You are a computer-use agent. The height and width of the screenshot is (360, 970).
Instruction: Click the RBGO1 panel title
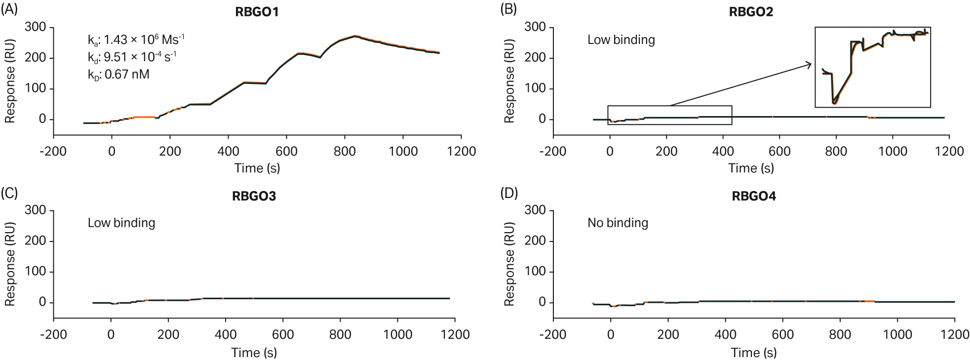(x=257, y=12)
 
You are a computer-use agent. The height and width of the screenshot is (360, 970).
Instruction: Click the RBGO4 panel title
(x=753, y=197)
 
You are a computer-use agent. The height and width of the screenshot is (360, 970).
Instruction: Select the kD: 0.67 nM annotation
(x=118, y=75)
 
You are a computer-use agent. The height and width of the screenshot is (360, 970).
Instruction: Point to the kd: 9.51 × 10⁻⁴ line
(x=132, y=57)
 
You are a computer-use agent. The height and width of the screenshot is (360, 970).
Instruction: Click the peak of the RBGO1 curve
(x=354, y=36)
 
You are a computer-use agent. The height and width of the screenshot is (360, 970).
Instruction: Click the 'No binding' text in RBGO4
(x=618, y=223)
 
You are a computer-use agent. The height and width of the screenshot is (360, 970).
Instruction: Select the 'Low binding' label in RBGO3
(x=121, y=223)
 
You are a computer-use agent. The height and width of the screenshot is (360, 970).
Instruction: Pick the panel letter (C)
(x=9, y=193)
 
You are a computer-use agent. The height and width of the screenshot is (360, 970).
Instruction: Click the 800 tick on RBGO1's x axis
(x=345, y=151)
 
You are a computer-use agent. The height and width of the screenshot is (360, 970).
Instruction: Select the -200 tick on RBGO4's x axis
(x=553, y=335)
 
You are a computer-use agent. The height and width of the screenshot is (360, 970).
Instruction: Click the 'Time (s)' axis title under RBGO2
(x=751, y=168)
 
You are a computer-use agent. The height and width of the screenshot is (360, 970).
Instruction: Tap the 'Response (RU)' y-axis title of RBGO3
(x=10, y=264)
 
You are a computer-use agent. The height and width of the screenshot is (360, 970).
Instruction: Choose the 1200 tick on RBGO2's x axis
(x=949, y=151)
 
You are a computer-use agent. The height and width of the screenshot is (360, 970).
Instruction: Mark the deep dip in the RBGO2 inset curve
(x=834, y=103)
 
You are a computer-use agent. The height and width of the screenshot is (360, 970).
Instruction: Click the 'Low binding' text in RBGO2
(x=621, y=40)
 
